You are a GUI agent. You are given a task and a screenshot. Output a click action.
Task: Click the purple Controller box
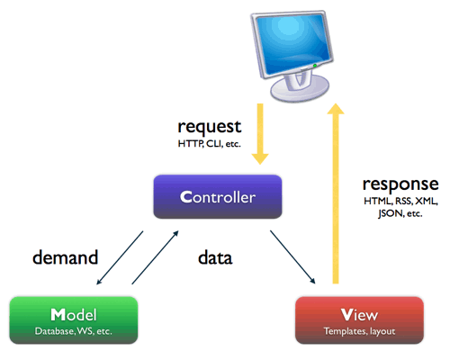point(218,196)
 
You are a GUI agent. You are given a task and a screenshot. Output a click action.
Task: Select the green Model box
point(74,319)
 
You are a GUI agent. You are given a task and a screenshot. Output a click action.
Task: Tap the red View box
point(359,319)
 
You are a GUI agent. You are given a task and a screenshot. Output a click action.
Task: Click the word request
point(210,127)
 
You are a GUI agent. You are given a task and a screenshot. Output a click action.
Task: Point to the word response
point(400,184)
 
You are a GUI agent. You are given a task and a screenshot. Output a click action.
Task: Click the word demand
point(65,257)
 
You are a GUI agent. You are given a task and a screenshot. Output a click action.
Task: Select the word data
point(215,257)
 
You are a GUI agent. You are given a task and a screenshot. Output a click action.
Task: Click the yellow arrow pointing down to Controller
point(260,134)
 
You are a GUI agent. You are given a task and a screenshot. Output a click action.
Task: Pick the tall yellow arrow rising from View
point(336,193)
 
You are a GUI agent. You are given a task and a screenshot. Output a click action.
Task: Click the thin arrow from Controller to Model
point(120,257)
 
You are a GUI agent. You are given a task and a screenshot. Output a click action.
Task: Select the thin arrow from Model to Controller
point(155,257)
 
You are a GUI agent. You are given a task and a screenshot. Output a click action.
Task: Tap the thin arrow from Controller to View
point(292,257)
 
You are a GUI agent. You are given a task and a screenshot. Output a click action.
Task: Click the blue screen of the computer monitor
point(292,42)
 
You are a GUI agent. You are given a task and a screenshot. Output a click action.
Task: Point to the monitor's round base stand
point(300,87)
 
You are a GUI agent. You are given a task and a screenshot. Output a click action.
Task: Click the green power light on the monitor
point(315,66)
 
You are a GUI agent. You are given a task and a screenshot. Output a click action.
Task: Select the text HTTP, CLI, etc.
point(210,144)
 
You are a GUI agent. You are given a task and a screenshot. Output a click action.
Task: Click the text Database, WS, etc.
point(74,331)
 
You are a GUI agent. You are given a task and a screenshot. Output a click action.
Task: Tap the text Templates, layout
point(359,331)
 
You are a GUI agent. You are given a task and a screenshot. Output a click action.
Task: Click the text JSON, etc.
point(400,213)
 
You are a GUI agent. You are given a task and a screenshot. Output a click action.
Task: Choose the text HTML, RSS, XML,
point(400,201)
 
